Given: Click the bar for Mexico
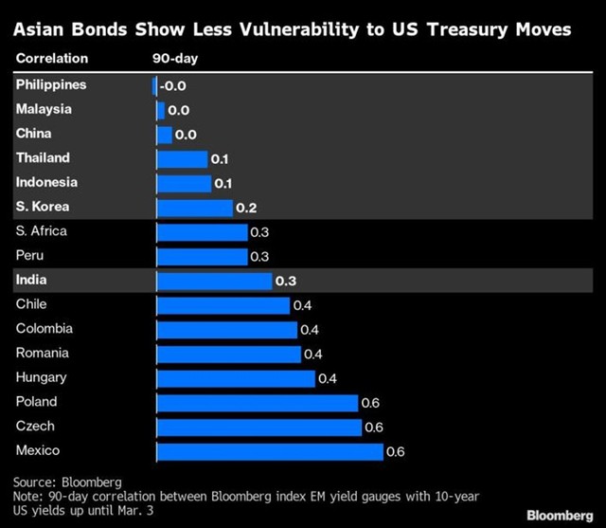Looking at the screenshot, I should (x=269, y=451).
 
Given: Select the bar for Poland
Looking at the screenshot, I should (x=256, y=403).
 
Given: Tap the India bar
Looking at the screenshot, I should (x=213, y=281).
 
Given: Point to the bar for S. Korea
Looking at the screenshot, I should (x=193, y=208).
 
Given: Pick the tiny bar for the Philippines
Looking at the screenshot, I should (x=154, y=85).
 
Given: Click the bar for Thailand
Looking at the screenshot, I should (x=180, y=159).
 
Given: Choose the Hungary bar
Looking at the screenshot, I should (x=234, y=378).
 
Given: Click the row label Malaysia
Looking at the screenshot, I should (x=44, y=109).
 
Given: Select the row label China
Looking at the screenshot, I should (x=34, y=134).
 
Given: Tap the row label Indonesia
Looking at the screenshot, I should (x=46, y=182).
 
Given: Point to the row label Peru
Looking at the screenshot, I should (x=30, y=255).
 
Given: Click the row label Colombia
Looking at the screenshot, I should (x=45, y=329).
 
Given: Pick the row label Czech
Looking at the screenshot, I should (x=35, y=426).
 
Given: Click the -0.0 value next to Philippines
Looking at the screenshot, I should (x=172, y=85).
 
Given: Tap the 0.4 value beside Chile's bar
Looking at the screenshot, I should (x=303, y=305).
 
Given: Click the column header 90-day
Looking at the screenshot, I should (x=175, y=58).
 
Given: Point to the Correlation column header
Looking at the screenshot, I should (x=52, y=58).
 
